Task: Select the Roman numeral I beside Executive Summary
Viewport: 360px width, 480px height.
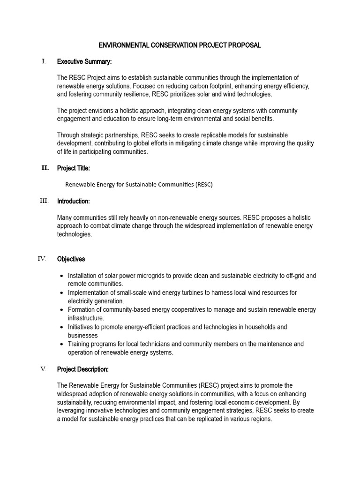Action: pos(44,61)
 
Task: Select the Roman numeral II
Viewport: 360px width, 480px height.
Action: pos(45,168)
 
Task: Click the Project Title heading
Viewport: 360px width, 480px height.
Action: pos(74,168)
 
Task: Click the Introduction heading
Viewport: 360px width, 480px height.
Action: pos(74,201)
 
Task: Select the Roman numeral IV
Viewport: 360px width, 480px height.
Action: pos(42,259)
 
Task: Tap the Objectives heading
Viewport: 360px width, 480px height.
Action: pos(71,259)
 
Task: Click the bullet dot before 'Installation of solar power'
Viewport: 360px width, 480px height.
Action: pos(62,276)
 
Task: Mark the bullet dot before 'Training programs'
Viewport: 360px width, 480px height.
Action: pos(62,345)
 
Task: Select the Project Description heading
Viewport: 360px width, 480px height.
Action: pos(83,369)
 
